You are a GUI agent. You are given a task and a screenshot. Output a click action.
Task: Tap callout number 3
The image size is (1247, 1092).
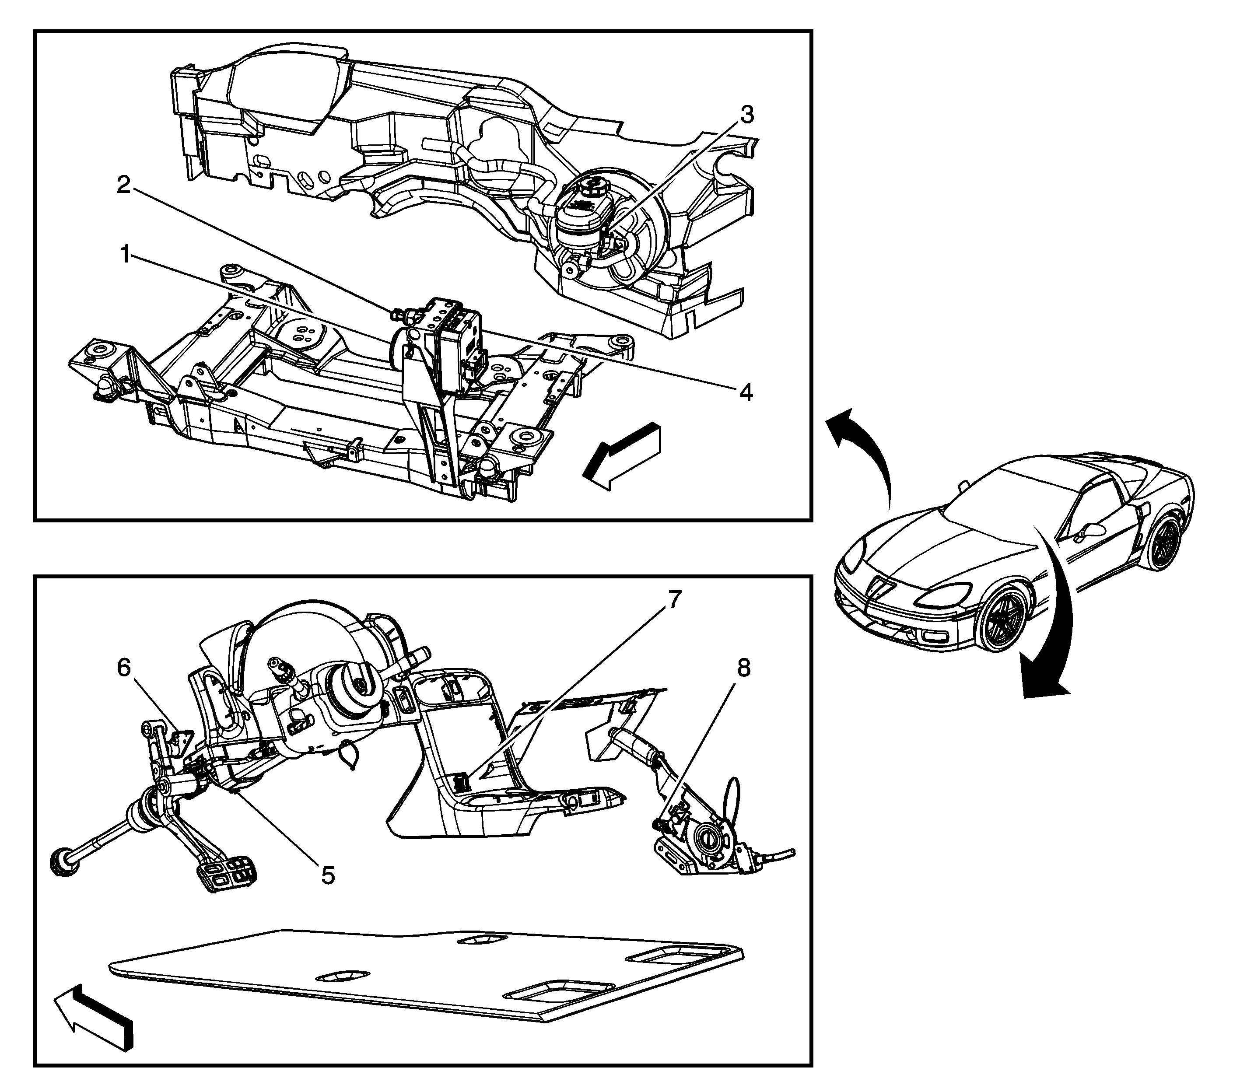[x=746, y=114]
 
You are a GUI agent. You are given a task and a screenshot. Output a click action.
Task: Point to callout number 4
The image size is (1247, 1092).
[x=746, y=392]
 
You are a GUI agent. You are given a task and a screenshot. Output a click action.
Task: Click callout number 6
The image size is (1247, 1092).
[x=124, y=668]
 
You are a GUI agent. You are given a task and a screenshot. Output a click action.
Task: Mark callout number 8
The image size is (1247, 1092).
[x=743, y=668]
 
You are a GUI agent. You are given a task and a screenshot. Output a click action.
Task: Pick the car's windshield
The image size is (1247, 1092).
[x=1005, y=500]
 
